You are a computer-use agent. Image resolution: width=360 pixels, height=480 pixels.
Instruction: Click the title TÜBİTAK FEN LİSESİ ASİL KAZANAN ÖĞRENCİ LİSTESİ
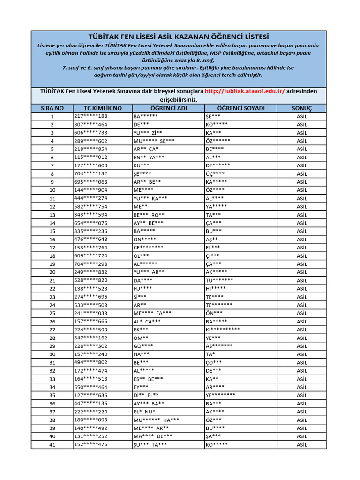(x=179, y=37)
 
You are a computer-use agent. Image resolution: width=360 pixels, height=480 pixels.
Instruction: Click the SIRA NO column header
(x=52, y=108)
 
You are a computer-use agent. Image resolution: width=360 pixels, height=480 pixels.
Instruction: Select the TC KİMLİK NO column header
(x=103, y=108)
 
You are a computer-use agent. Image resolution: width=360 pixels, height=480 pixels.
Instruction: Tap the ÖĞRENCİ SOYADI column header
(x=241, y=108)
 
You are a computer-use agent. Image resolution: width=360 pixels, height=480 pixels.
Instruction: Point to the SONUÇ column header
(x=302, y=108)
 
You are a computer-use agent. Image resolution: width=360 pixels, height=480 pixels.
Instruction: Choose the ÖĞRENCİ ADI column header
(x=168, y=108)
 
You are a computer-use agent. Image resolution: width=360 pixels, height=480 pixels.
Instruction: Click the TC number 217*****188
(x=90, y=116)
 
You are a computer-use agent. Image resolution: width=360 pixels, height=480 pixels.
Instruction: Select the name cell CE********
(x=149, y=247)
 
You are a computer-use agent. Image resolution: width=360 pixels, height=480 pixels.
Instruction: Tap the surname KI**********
(x=223, y=330)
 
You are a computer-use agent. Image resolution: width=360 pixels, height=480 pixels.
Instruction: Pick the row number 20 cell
(x=52, y=272)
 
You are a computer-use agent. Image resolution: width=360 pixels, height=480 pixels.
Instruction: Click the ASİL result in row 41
(x=302, y=445)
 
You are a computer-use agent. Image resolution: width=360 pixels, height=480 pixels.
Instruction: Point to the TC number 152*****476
(x=90, y=445)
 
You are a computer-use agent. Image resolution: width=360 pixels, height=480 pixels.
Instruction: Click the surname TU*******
(x=219, y=280)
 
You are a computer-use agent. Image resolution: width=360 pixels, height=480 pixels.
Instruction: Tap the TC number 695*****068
(x=90, y=182)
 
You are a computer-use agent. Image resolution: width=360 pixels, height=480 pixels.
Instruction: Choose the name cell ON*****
(x=145, y=239)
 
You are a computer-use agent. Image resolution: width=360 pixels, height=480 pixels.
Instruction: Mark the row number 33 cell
(x=52, y=379)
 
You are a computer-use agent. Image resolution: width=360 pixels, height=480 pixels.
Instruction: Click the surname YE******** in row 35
(x=220, y=395)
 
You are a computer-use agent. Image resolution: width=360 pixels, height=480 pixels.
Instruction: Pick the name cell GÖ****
(x=143, y=346)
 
